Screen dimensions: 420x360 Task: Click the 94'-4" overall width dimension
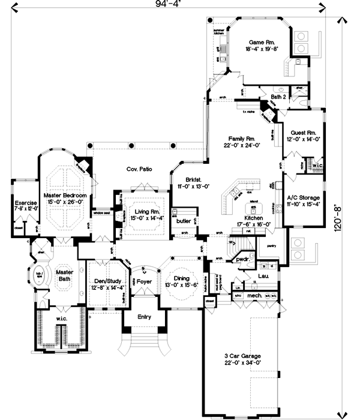pos(163,4)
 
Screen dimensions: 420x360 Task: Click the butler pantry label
pos(183,221)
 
